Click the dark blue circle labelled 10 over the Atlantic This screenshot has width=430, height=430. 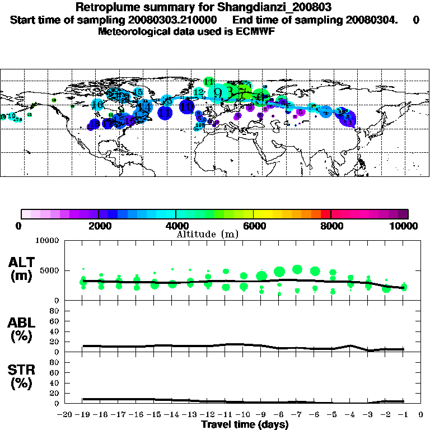coord(187,106)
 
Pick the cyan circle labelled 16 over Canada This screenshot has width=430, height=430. coord(97,104)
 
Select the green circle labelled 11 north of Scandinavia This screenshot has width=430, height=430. coord(209,82)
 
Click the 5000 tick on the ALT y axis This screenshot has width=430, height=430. coord(50,270)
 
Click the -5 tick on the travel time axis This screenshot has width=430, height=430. coord(333,414)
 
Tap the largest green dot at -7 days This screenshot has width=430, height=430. coord(297,269)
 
